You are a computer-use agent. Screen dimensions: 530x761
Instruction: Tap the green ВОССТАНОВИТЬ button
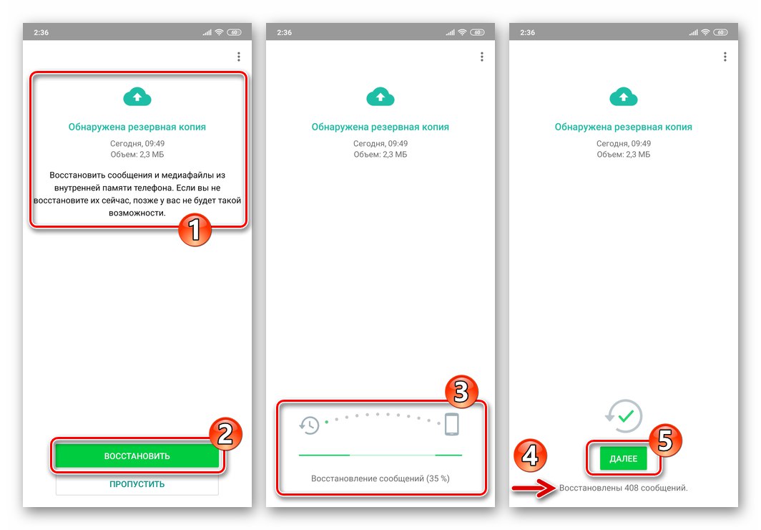tap(137, 456)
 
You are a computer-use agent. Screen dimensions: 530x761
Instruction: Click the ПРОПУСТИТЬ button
tap(137, 484)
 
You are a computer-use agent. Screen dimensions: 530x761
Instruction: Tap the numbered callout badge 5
tap(664, 439)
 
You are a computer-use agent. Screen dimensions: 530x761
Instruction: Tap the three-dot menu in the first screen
tap(238, 57)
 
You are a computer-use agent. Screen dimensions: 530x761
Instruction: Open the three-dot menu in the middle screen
tap(481, 57)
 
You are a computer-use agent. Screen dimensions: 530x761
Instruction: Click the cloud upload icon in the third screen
tap(623, 97)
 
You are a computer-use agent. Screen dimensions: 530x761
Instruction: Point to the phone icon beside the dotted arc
tap(451, 424)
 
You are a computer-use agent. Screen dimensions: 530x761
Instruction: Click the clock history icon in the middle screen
tap(309, 425)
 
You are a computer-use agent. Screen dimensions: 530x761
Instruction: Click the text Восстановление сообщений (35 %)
tap(380, 478)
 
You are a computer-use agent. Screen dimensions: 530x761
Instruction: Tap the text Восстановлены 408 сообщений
tap(623, 488)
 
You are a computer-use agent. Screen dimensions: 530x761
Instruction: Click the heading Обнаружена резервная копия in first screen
tap(137, 127)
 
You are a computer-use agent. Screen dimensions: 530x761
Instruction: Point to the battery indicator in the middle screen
tap(478, 32)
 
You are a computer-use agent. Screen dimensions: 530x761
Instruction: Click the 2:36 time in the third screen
tap(527, 32)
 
